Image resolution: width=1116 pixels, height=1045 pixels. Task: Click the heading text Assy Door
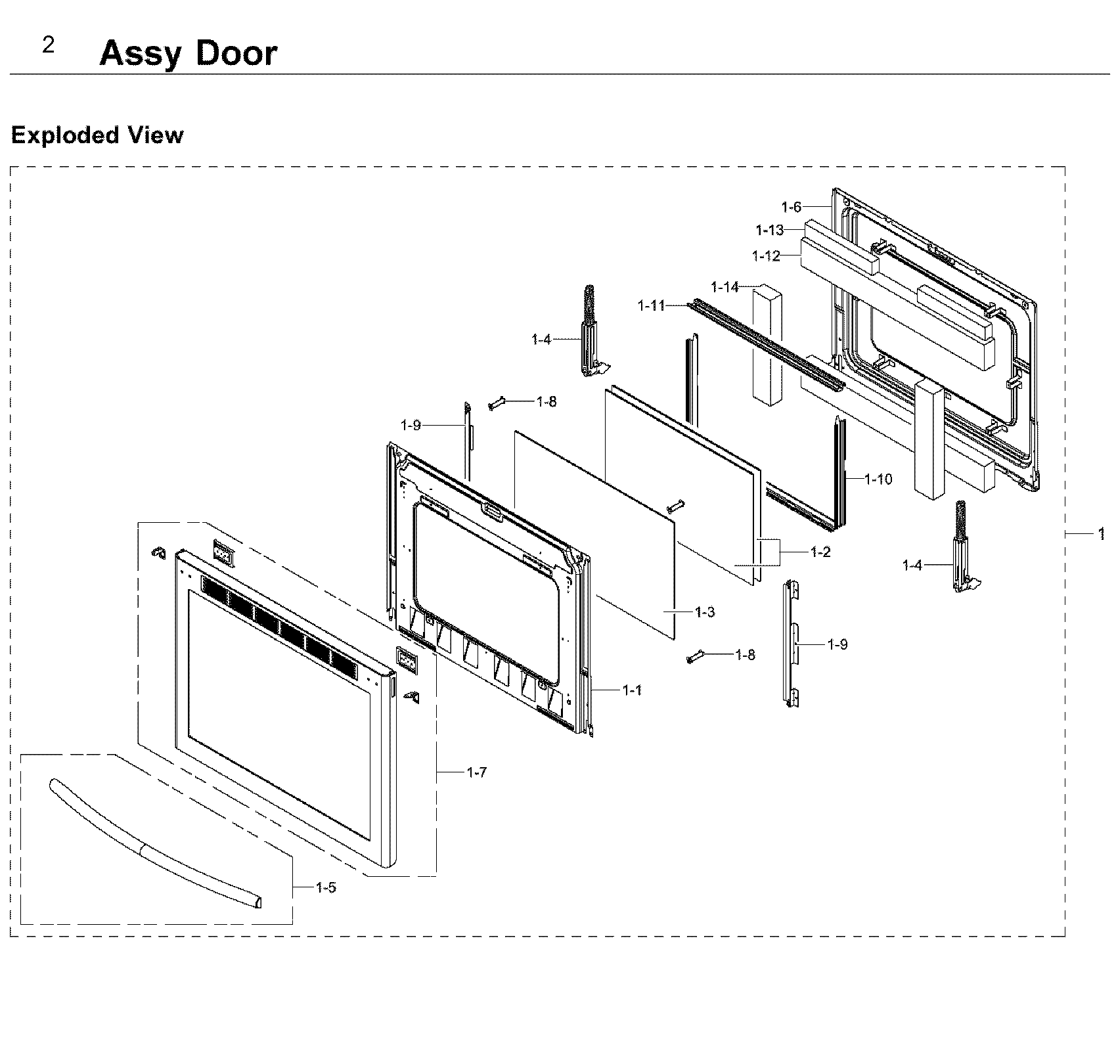tap(188, 54)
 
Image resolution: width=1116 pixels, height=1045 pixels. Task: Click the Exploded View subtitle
tap(97, 135)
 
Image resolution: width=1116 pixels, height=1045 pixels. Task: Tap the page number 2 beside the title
tap(48, 45)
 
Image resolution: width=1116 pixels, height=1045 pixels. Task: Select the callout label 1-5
tap(326, 887)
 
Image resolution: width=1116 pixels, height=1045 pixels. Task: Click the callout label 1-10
tap(878, 479)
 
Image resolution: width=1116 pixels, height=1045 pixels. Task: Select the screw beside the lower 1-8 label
tap(695, 656)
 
